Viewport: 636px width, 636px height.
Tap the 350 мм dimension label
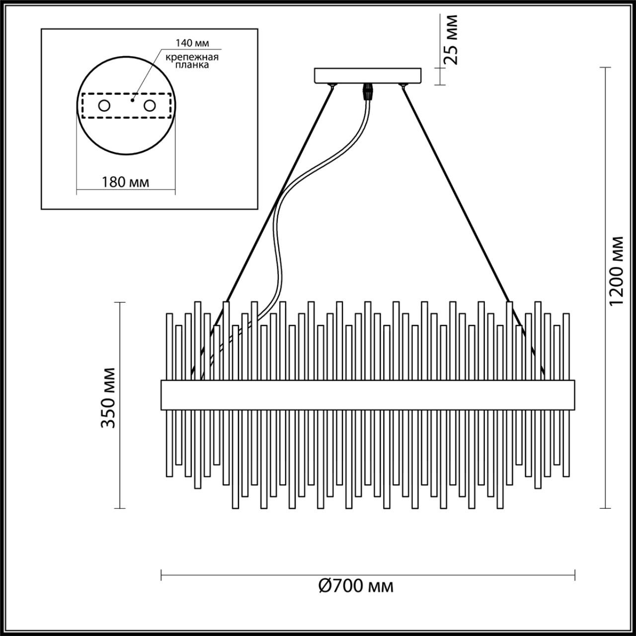108,397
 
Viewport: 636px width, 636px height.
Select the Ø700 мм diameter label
356,586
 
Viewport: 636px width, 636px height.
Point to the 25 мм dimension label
451,40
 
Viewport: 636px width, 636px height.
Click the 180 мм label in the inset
125,182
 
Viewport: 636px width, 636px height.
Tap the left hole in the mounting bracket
104,106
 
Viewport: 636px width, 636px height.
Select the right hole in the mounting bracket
149,106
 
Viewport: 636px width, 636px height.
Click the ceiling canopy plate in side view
368,76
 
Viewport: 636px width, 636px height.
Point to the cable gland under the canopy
368,91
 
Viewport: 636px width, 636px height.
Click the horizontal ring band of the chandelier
368,395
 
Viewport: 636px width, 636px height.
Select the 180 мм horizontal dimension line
99,190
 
